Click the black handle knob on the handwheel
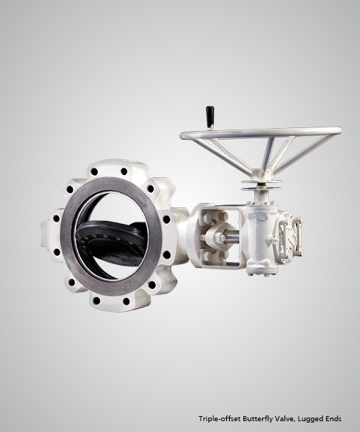(210, 117)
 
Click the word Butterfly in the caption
(255, 419)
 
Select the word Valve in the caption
(278, 419)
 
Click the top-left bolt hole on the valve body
(94, 171)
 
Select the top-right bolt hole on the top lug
(125, 171)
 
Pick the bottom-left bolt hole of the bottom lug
(96, 300)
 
